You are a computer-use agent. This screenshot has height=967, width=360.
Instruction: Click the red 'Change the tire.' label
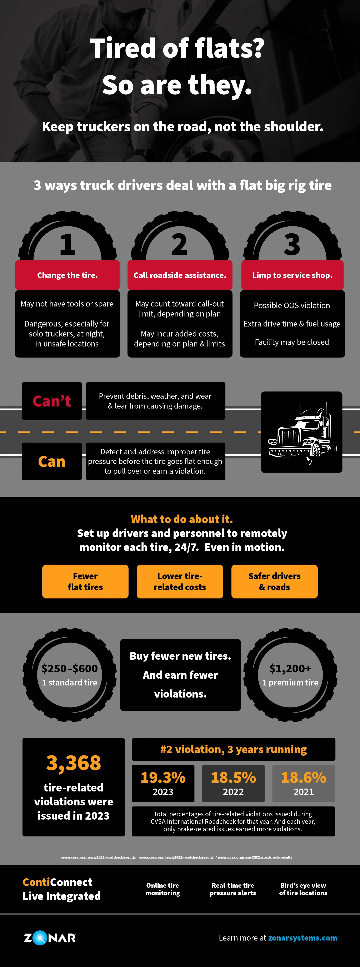click(67, 275)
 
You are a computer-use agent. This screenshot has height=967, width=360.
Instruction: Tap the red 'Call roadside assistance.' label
click(180, 275)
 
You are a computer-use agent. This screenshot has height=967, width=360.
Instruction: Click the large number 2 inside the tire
click(179, 245)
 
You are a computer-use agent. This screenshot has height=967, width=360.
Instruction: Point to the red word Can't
click(52, 401)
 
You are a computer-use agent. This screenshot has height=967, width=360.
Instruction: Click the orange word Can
click(52, 461)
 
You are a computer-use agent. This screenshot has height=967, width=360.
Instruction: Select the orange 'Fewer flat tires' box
click(85, 582)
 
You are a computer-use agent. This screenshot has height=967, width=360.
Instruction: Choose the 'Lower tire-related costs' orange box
click(180, 582)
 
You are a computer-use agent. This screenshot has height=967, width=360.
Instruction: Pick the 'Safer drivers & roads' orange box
click(274, 582)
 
